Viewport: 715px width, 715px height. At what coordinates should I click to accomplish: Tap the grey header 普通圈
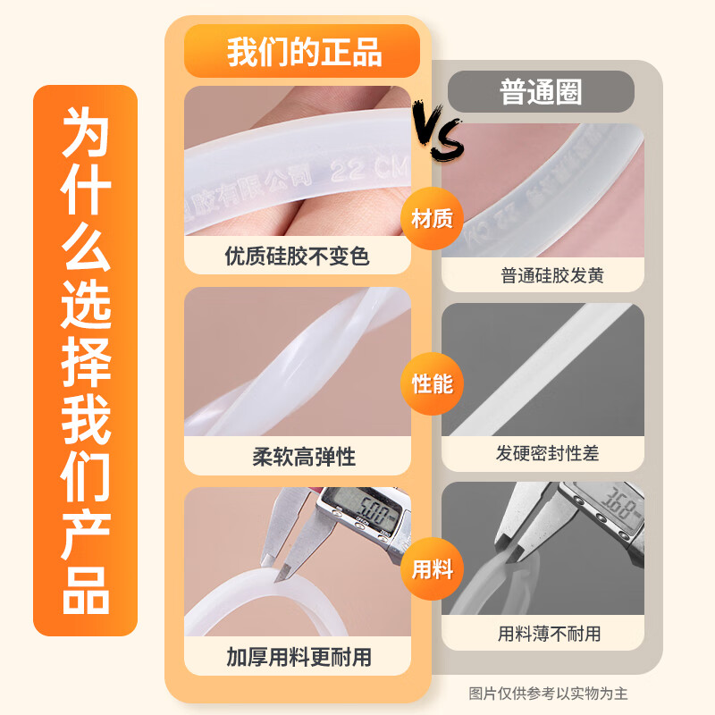coord(541,92)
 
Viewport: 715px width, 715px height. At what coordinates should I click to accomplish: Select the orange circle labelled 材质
coord(432,219)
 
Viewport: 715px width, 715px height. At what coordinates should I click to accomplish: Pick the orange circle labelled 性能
coord(432,384)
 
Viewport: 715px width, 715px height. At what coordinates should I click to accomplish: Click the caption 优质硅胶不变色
coord(298,257)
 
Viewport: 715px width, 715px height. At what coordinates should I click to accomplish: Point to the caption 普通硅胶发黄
coord(552,275)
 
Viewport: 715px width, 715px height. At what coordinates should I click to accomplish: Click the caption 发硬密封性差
coord(548,453)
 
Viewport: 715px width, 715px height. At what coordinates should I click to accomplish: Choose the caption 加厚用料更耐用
coord(299,659)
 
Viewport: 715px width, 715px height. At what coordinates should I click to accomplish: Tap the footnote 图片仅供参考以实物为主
coord(549,693)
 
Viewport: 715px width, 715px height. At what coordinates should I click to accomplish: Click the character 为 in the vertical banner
coord(86,134)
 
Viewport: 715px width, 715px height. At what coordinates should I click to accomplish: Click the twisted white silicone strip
coord(295,362)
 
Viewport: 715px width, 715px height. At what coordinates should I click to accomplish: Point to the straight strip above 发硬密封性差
coord(545,366)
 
